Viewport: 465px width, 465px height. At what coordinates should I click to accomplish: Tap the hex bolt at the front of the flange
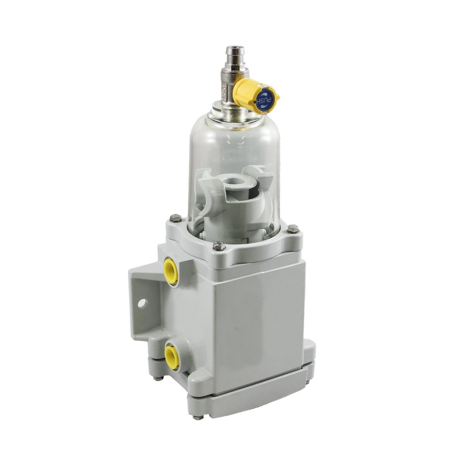pyautogui.click(x=219, y=245)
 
